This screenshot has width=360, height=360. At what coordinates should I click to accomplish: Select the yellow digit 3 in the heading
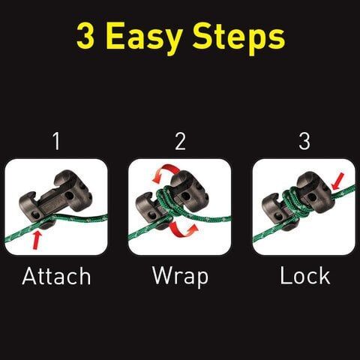click(85, 35)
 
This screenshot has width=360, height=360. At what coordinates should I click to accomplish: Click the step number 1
click(57, 141)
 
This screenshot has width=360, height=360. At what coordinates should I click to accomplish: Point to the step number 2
click(181, 141)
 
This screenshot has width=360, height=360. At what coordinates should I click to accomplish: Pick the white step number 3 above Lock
click(304, 141)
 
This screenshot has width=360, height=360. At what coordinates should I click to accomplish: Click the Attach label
click(56, 276)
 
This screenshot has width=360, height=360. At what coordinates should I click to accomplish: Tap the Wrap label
click(180, 277)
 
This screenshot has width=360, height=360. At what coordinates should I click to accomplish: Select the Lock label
click(305, 275)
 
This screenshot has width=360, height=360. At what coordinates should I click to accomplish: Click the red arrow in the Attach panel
click(37, 240)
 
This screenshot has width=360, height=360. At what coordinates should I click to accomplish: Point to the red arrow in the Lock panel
click(337, 181)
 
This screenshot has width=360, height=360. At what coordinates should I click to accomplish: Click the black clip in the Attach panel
click(55, 196)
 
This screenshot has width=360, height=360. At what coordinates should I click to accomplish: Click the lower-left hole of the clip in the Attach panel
click(37, 214)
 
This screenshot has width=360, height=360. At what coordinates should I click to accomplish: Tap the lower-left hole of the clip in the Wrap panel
click(151, 215)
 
